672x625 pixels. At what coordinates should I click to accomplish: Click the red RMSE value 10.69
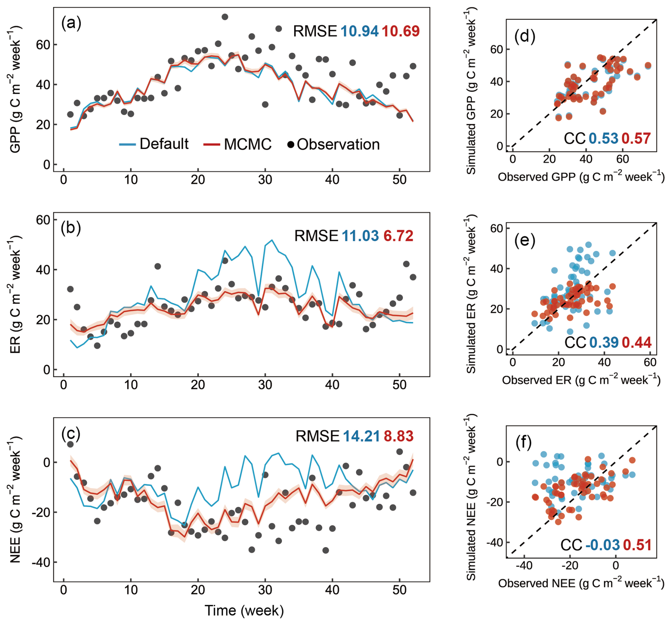401,31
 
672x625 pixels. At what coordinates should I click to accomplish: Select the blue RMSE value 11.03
360,236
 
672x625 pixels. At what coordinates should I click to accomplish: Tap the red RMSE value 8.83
399,436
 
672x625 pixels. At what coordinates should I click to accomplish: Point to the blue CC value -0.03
602,545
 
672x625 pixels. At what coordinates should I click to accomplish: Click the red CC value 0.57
636,138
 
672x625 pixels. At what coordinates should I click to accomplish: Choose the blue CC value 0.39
604,342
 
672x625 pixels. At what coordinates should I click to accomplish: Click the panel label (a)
71,23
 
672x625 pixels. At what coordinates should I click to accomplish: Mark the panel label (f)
523,443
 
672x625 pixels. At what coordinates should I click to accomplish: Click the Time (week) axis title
244,610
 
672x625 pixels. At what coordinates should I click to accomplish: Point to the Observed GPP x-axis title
581,177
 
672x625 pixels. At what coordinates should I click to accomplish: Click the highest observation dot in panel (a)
225,17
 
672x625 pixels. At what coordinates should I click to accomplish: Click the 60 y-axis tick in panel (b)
43,220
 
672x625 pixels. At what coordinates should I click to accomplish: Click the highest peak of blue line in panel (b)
272,240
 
